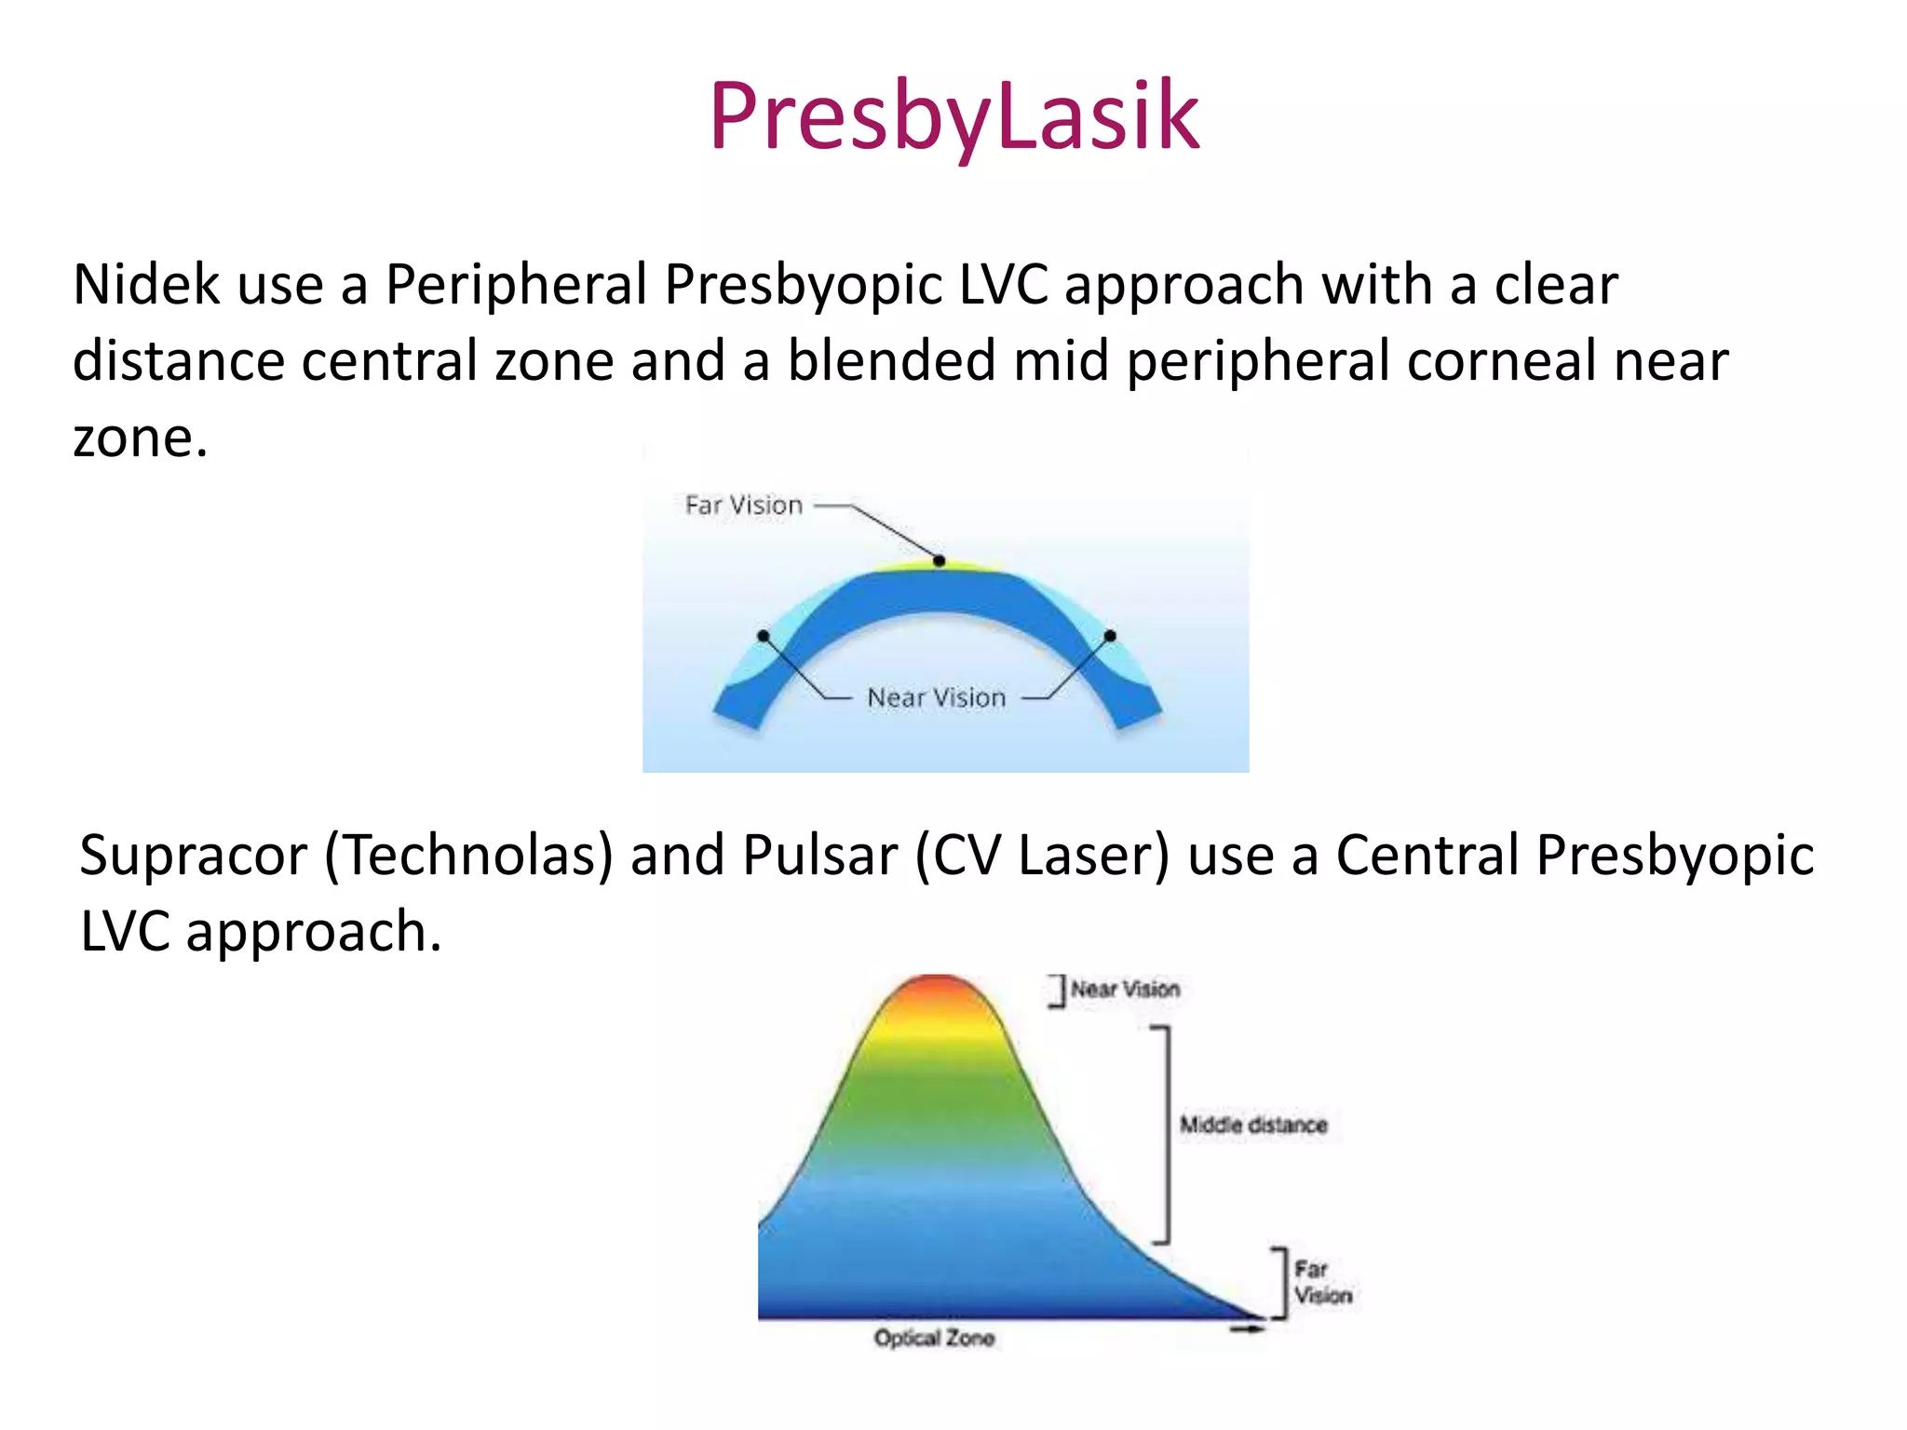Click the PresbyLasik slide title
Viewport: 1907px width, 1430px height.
tap(953, 116)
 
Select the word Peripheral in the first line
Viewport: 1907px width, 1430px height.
tap(516, 284)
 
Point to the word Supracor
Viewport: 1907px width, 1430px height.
tap(193, 855)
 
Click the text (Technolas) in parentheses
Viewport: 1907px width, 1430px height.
tap(468, 855)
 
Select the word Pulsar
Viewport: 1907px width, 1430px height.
tap(819, 855)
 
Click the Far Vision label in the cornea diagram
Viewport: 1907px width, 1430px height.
tap(743, 506)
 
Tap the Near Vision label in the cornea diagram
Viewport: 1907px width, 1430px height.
tap(936, 698)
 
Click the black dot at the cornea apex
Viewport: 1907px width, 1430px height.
tap(940, 560)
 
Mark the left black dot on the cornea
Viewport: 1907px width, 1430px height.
tap(764, 636)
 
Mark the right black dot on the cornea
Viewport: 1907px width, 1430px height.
tap(1110, 636)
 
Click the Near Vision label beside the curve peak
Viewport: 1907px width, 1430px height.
tap(1125, 989)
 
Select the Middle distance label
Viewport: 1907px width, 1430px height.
tap(1253, 1125)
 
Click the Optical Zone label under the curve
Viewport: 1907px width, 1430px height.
tap(934, 1338)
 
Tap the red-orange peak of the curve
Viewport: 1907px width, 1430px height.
tap(939, 990)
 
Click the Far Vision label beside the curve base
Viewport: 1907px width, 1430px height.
tap(1322, 1282)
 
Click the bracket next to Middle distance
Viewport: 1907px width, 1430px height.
tap(1164, 1134)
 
